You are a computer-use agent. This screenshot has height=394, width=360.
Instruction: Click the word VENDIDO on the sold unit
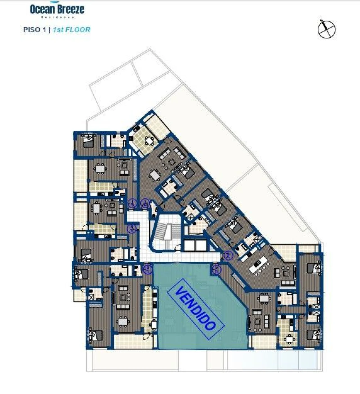195,308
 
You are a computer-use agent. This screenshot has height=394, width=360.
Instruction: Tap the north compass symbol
327,29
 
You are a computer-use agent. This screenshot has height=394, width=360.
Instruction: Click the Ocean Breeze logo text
57,9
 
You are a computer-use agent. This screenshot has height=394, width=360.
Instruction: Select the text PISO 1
35,30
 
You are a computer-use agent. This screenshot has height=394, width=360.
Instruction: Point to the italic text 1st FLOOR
72,30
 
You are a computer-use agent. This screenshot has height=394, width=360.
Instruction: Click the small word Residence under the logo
58,17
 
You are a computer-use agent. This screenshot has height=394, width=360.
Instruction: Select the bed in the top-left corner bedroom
88,142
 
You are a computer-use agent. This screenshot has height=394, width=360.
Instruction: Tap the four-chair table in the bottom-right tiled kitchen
289,338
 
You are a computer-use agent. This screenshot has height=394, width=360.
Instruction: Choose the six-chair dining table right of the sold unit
264,298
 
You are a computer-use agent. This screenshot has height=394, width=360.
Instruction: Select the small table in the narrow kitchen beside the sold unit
154,324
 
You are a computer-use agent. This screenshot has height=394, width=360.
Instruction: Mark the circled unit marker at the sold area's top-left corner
147,269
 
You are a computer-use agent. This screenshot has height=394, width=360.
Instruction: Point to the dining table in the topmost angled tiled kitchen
148,140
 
